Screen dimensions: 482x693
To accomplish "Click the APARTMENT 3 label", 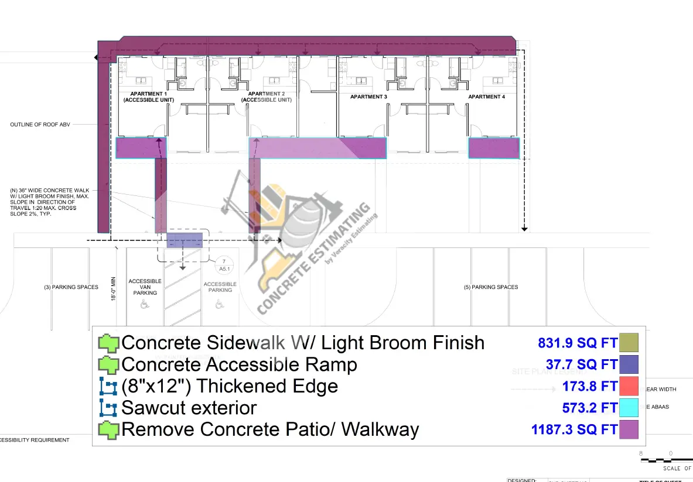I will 368,97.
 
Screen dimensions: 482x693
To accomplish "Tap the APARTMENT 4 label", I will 486,97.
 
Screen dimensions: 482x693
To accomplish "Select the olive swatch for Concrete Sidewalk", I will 628,342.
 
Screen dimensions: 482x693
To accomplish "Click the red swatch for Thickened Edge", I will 628,386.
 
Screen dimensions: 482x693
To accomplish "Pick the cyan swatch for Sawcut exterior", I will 628,408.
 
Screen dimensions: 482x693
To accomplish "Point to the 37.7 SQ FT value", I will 577,364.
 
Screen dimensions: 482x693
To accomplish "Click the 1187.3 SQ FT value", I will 574,430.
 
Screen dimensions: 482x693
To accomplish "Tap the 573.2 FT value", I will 590,408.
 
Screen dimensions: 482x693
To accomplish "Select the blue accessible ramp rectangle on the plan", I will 185,240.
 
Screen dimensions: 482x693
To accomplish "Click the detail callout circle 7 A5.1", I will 223,265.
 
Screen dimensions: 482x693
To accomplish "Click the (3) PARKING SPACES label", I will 71,287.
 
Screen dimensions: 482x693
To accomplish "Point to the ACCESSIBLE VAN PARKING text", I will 145,287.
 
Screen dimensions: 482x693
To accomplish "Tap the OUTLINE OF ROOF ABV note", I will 40,125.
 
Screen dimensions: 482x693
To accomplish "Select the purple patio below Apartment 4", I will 494,148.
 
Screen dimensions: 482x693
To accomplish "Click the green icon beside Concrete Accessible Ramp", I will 108,364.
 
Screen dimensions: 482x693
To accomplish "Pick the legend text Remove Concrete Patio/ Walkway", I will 269,430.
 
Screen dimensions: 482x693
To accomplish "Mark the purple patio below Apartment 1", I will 141,148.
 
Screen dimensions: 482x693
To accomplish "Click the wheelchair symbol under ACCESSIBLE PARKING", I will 219,304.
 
